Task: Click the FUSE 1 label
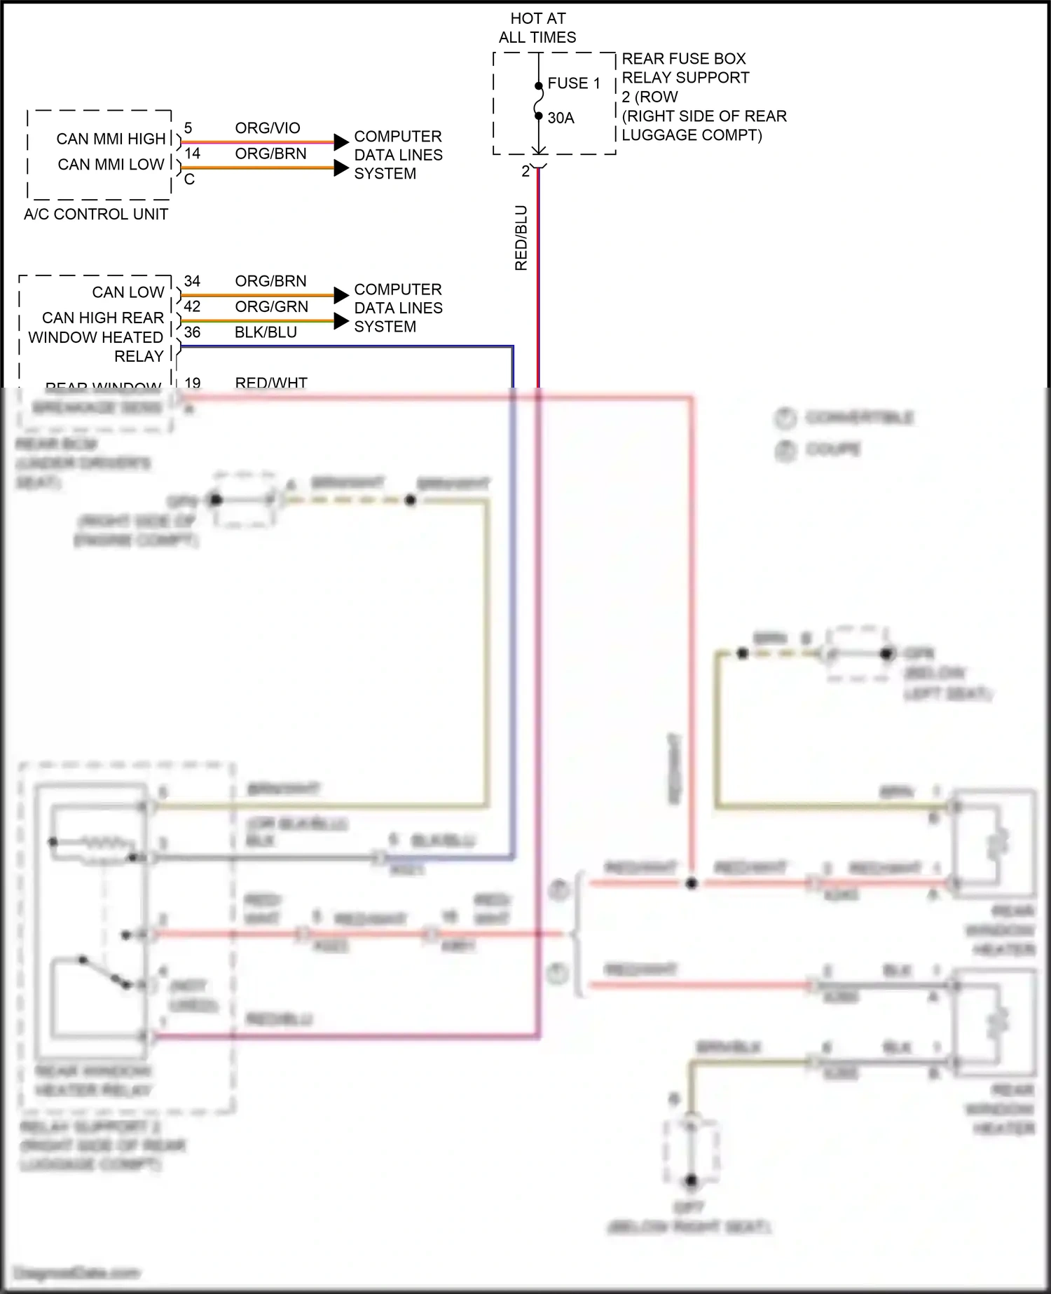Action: [574, 83]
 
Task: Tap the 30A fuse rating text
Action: [561, 118]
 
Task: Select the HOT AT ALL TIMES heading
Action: [537, 28]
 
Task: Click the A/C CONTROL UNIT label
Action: [96, 214]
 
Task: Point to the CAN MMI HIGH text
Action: [111, 139]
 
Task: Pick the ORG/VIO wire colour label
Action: [268, 128]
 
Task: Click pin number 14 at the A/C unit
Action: [192, 154]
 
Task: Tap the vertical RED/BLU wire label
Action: [521, 238]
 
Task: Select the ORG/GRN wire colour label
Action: [271, 307]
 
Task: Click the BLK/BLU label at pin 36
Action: [266, 332]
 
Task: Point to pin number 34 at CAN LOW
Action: [192, 281]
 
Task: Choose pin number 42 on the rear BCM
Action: [192, 307]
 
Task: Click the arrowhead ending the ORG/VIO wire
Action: [341, 142]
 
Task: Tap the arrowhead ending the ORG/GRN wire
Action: [341, 321]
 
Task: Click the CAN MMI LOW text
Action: [111, 165]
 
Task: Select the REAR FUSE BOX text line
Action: [683, 59]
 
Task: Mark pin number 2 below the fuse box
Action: [525, 172]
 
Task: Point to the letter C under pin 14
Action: [189, 180]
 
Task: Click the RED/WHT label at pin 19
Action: [271, 383]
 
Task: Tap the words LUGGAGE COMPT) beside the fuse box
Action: [692, 135]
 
